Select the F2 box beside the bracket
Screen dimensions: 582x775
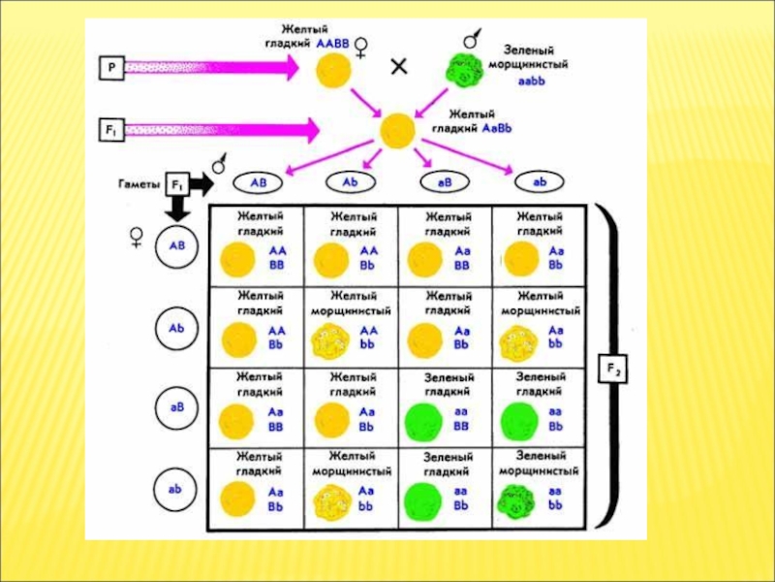coord(614,370)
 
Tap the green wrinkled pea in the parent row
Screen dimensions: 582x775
coord(461,70)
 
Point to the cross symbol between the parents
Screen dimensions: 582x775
coord(398,67)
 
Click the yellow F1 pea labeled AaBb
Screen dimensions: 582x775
coord(398,131)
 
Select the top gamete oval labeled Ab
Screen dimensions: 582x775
coord(348,180)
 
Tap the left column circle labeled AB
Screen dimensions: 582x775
coord(177,246)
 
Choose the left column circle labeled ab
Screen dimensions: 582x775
coord(177,490)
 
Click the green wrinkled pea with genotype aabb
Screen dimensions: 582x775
coord(517,500)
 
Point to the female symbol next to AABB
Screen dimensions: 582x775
coord(361,46)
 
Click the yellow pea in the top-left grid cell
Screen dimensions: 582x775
coord(237,261)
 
